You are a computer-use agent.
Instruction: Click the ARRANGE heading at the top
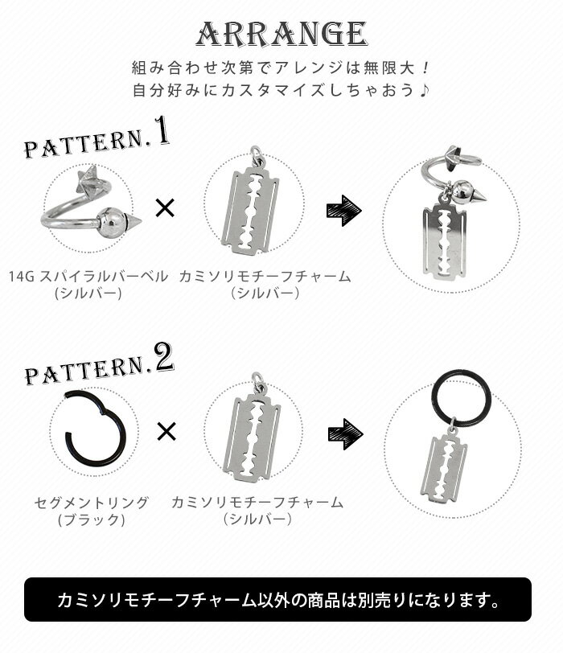click(x=282, y=34)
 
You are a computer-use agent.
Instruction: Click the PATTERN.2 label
click(x=99, y=364)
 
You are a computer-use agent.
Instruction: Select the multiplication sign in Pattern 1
click(x=165, y=207)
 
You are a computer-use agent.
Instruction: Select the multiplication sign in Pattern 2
click(x=166, y=431)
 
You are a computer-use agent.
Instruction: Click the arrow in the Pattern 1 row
click(x=344, y=211)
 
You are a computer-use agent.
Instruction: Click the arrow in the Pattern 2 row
click(x=346, y=434)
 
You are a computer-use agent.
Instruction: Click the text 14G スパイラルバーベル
click(x=88, y=277)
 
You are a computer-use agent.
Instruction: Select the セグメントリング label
click(x=91, y=503)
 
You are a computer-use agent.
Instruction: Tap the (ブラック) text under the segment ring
click(x=91, y=520)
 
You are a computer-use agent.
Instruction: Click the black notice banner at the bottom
click(x=277, y=600)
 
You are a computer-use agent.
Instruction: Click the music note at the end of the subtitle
click(x=424, y=90)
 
